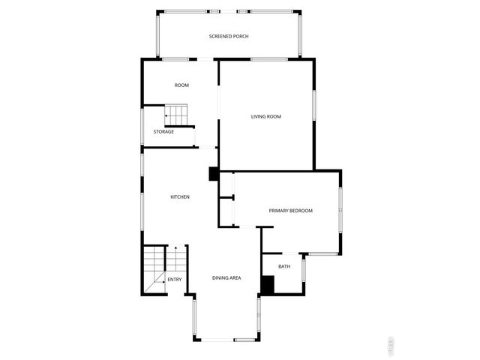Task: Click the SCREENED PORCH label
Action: point(229,36)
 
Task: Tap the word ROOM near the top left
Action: point(181,85)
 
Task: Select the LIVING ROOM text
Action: point(265,116)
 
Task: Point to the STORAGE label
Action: point(163,132)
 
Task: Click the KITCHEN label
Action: point(180,197)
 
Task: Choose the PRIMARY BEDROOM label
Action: point(290,211)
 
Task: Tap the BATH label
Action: point(284,266)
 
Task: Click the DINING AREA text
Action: point(226,278)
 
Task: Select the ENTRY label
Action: point(174,280)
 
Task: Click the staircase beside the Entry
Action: point(155,268)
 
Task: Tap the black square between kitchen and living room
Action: point(213,174)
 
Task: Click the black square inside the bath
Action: point(268,284)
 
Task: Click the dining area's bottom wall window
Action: point(226,340)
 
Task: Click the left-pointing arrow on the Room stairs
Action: point(167,116)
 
